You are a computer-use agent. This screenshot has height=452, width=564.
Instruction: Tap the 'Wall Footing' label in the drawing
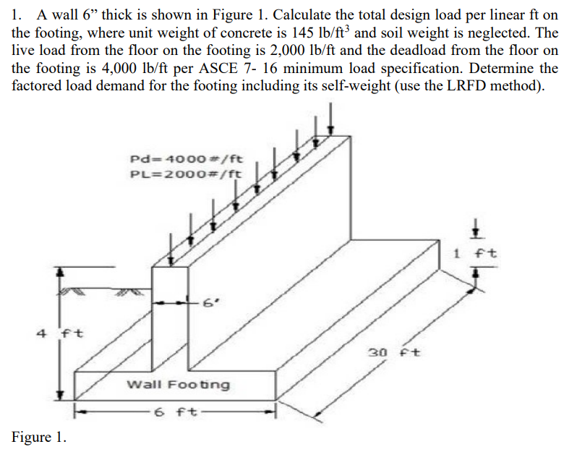[179, 384]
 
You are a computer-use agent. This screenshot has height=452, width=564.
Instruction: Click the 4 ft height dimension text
[61, 334]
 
